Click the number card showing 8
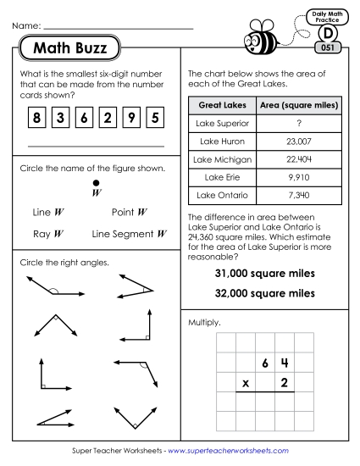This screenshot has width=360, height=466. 36,119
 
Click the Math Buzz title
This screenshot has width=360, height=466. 69,48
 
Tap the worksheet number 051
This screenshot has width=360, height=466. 329,47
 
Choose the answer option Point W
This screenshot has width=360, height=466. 130,212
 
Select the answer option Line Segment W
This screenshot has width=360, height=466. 128,233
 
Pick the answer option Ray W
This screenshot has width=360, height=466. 47,233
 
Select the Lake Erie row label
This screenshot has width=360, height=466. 216,177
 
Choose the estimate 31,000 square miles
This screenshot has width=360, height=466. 265,274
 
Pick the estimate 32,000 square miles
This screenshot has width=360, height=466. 265,293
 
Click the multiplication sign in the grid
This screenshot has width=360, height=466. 246,383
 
